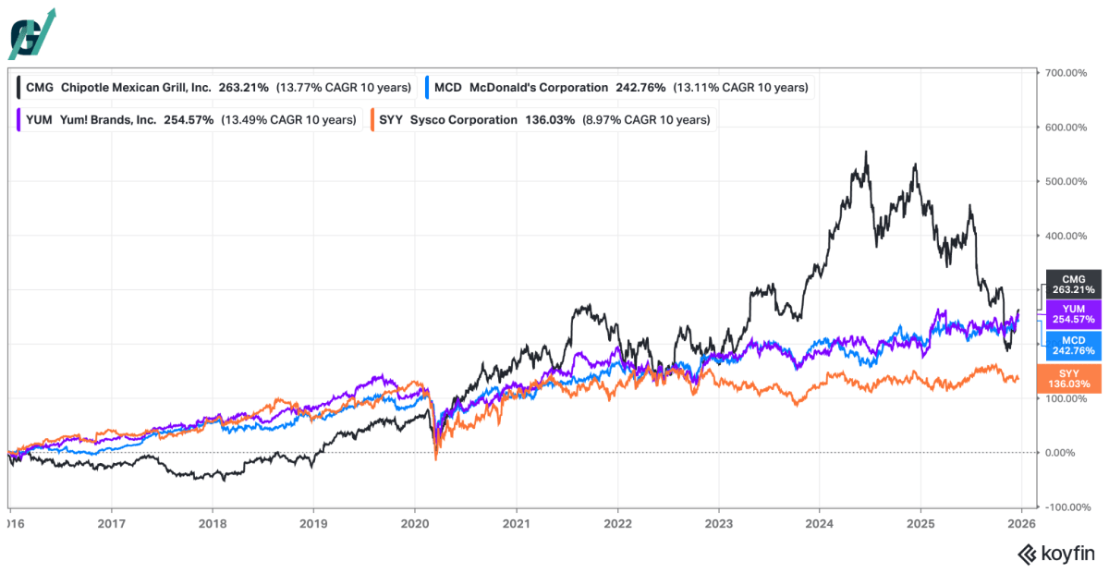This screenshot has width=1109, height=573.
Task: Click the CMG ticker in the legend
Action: click(x=40, y=88)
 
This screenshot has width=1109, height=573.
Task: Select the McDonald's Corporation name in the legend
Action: click(x=539, y=88)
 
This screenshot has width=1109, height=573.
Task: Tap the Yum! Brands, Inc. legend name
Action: click(x=108, y=120)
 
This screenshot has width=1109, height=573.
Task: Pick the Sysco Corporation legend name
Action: click(x=463, y=120)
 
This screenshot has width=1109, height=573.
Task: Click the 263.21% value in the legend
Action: click(x=244, y=88)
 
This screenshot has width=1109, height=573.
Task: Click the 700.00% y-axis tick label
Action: click(x=1066, y=73)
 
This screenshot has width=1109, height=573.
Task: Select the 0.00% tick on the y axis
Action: click(x=1059, y=453)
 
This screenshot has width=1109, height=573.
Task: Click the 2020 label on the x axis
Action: click(x=415, y=523)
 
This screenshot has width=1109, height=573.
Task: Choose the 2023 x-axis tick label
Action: click(x=719, y=523)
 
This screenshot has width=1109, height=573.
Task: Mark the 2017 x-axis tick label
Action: click(x=112, y=523)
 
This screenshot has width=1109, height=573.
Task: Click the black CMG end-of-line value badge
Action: click(x=1073, y=285)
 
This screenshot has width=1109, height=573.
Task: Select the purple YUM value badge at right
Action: click(x=1073, y=314)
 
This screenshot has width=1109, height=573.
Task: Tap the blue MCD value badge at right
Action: click(x=1073, y=346)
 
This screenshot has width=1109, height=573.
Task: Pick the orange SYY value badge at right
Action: click(x=1069, y=379)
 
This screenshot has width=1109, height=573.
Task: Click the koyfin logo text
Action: click(x=1068, y=554)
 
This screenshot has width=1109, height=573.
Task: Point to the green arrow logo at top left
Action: click(x=32, y=33)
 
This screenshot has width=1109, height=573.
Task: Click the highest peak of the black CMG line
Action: click(x=866, y=152)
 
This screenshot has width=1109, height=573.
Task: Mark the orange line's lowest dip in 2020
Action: click(x=436, y=459)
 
